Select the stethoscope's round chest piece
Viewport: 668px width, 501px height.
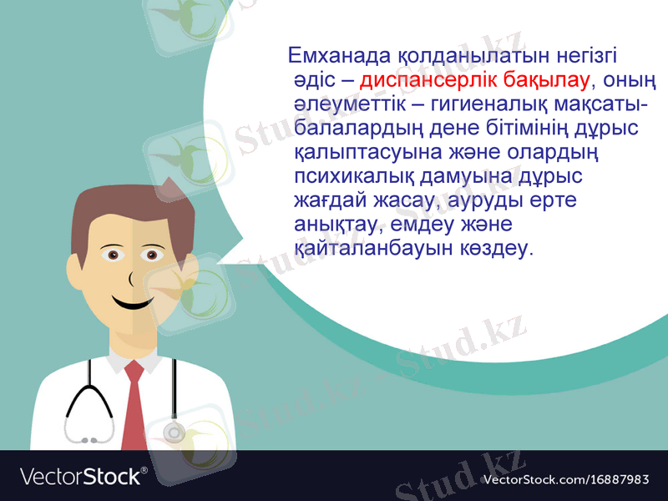[174, 433]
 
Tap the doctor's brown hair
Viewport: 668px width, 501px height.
[125, 209]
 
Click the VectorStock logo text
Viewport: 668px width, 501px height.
[82, 477]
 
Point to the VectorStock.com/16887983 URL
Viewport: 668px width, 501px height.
[566, 479]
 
